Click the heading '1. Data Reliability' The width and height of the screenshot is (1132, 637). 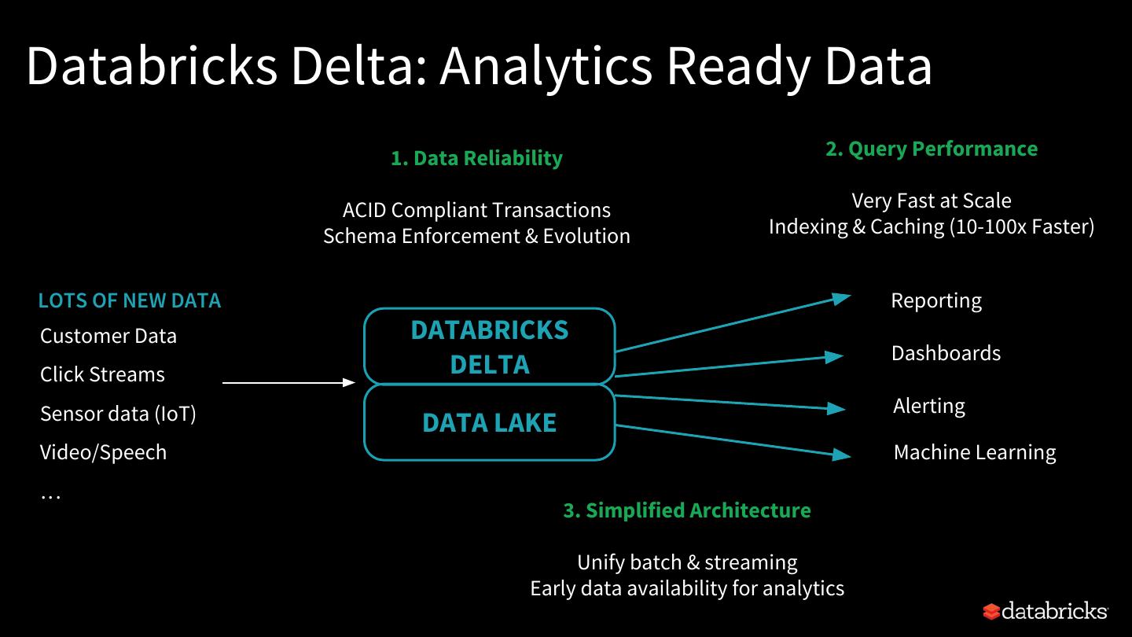476,158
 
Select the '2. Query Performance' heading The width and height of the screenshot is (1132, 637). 932,149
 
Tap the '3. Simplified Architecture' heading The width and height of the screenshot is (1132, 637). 687,510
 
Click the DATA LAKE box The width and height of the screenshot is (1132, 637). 489,422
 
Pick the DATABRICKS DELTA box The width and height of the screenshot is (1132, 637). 489,346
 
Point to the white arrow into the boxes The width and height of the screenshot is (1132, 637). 289,383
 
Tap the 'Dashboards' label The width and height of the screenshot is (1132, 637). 946,353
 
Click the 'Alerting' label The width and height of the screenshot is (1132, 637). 929,407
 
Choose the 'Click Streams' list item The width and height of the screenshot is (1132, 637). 102,374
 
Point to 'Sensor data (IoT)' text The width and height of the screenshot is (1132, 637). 118,414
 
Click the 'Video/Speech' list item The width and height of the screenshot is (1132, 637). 103,452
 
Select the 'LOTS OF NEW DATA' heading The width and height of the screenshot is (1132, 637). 130,300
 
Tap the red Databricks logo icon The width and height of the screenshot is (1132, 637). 991,611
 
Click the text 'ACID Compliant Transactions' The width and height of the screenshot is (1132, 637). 476,210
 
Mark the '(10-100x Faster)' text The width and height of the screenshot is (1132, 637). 1022,226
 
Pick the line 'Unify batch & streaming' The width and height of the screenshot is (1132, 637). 687,562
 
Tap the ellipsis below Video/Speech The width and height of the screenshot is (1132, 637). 50,497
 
